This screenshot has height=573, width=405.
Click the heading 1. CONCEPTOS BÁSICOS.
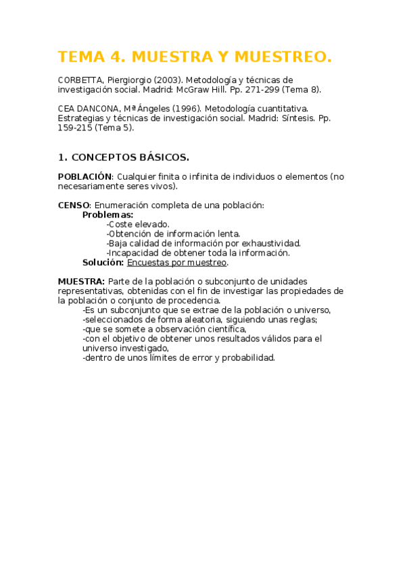click(x=123, y=157)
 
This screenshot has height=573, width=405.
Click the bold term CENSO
click(x=73, y=205)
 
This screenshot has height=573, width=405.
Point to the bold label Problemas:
click(x=108, y=215)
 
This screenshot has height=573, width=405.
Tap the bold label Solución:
click(x=103, y=262)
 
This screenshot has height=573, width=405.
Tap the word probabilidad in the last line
click(x=247, y=357)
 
